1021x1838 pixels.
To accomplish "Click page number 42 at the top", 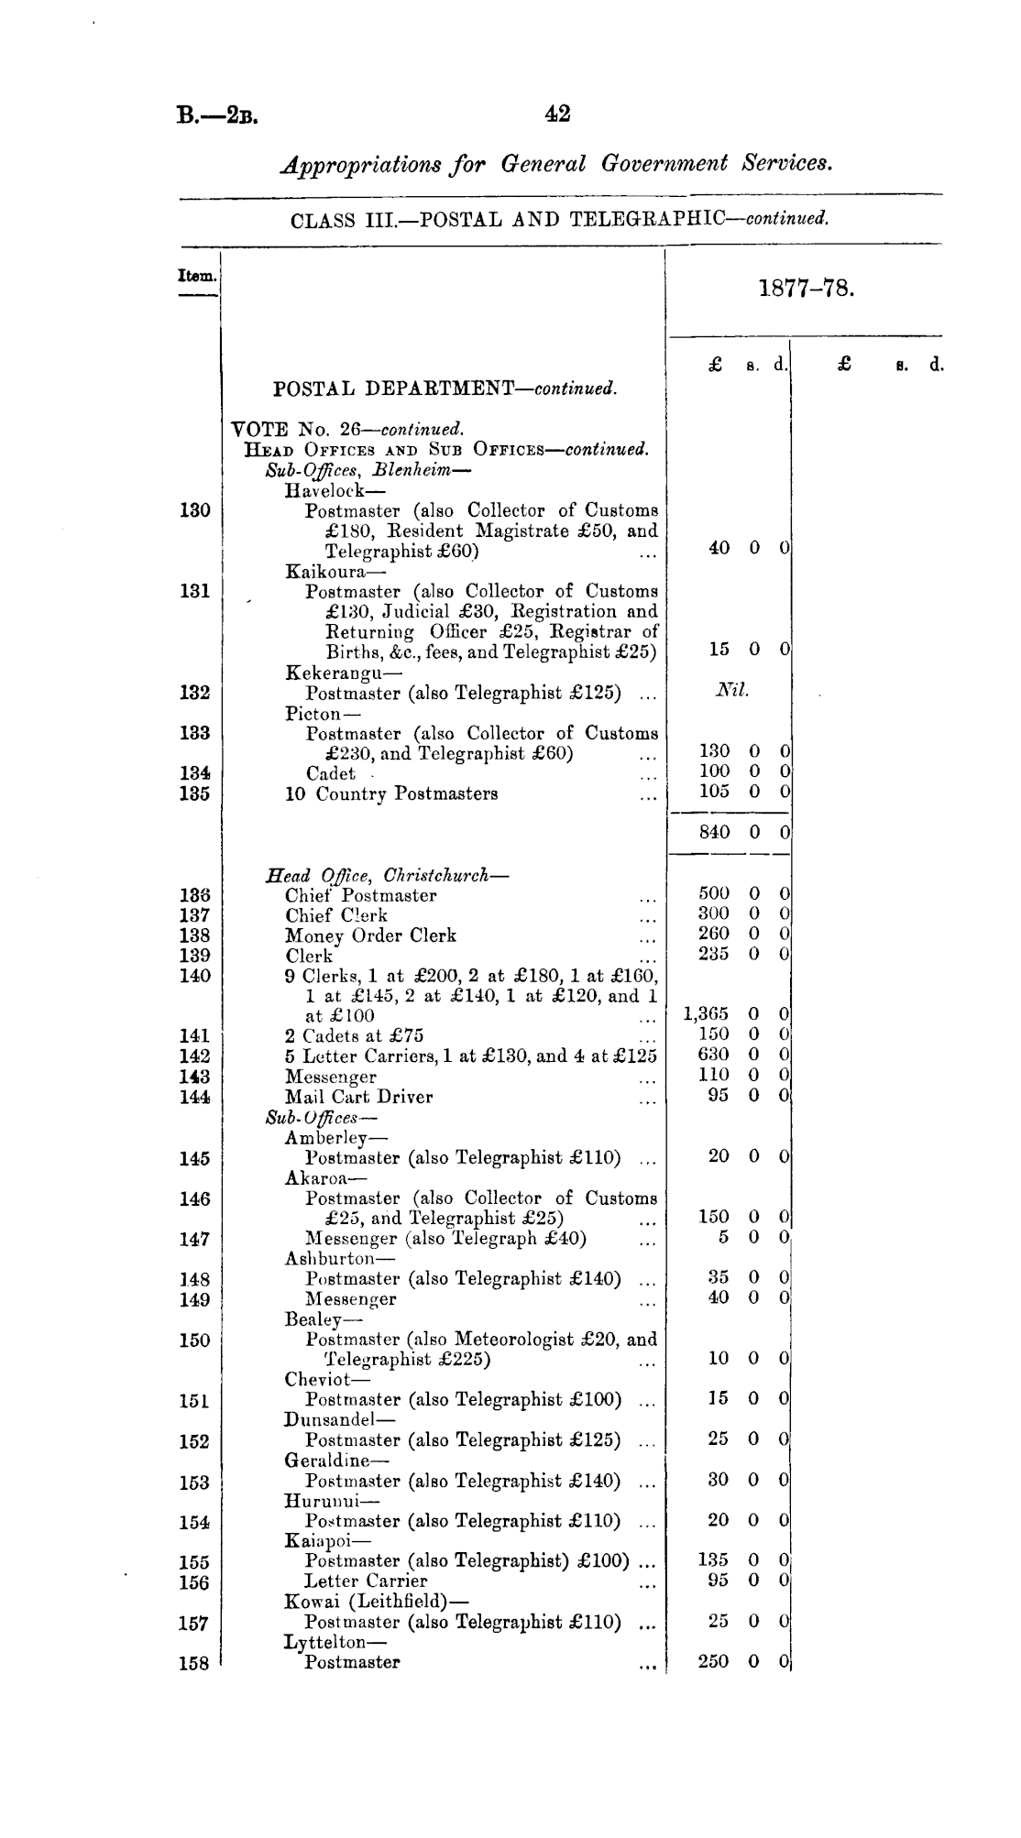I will tap(557, 114).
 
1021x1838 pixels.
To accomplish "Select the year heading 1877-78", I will tap(807, 290).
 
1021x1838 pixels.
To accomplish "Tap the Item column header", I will tap(197, 275).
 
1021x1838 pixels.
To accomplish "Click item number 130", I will tap(194, 510).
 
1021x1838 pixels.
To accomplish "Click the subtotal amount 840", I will tap(714, 832).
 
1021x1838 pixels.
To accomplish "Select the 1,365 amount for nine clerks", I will tap(707, 1014).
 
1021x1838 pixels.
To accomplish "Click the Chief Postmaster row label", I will tap(360, 895).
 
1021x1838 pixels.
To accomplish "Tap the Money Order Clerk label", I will tap(370, 935).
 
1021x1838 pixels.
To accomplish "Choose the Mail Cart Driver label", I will tap(358, 1097).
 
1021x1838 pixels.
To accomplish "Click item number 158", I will tap(194, 1663).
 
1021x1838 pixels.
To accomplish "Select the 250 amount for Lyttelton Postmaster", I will tap(713, 1661).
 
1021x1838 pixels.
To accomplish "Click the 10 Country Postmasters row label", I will tap(391, 793).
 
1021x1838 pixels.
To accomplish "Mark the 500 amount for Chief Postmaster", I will tap(714, 893).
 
